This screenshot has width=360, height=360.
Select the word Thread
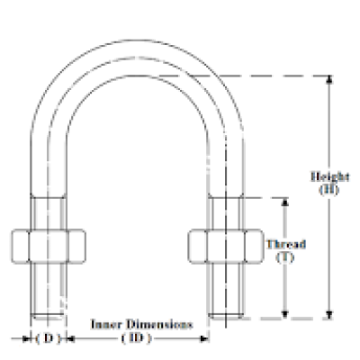click(287, 244)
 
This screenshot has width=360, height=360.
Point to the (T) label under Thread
click(287, 257)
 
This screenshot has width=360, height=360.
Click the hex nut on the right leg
click(225, 246)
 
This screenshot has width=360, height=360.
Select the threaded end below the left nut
click(49, 288)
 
